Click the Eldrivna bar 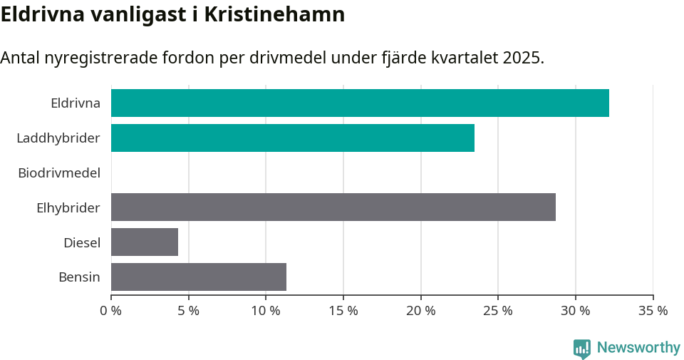point(360,103)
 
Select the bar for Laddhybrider point(292,138)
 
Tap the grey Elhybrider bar point(333,207)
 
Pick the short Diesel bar point(145,242)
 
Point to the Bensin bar point(199,277)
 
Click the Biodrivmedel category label point(59,173)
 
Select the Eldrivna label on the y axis point(76,103)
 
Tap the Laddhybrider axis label point(58,138)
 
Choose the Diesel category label point(82,242)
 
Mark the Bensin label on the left point(79,277)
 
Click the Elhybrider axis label point(68,207)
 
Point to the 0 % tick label point(111,311)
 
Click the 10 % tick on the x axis point(266,311)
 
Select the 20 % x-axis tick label point(420,311)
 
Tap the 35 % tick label point(653,311)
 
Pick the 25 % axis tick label point(498,311)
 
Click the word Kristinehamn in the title point(274,15)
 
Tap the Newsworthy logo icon point(582,348)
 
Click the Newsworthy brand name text point(638,348)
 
